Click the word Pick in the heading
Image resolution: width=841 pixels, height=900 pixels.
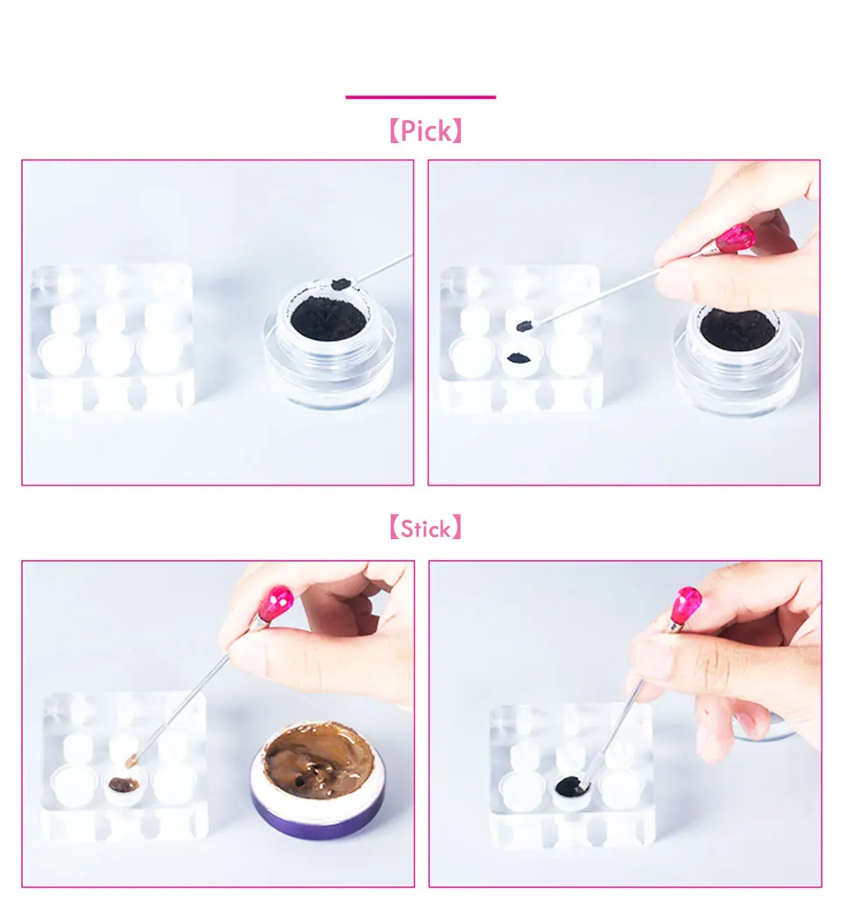(425, 131)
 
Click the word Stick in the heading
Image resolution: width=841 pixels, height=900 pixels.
(425, 528)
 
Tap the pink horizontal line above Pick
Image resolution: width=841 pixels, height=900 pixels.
(420, 97)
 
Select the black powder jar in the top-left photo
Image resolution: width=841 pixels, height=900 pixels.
(329, 344)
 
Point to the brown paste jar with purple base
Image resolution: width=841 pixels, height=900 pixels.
(318, 778)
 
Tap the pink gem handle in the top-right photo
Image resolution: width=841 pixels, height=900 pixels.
(736, 237)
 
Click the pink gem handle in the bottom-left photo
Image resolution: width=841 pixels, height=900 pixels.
(276, 603)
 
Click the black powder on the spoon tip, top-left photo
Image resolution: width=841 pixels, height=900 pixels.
(342, 284)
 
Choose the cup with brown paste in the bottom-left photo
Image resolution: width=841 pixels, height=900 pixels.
(124, 784)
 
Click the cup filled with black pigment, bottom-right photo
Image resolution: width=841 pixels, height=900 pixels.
(572, 790)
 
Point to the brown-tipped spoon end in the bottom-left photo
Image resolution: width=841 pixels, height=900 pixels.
(132, 762)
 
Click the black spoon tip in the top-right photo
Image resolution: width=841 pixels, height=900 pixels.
(525, 326)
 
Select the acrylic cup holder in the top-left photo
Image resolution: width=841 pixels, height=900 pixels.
(112, 338)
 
